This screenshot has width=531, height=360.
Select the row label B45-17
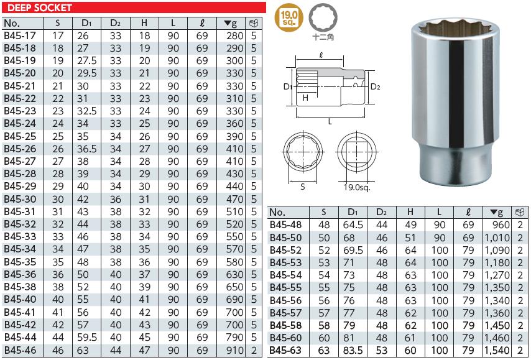[20, 36]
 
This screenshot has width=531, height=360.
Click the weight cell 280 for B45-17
[235, 36]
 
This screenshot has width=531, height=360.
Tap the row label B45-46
[20, 350]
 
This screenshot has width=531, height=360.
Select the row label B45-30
[20, 200]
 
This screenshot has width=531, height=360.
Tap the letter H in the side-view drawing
[305, 98]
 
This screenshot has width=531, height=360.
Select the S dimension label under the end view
[303, 186]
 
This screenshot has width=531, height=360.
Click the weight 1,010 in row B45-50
[497, 238]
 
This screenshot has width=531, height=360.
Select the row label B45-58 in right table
[285, 325]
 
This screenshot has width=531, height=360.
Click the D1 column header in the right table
[353, 211]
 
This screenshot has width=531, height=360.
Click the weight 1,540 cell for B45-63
[497, 350]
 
